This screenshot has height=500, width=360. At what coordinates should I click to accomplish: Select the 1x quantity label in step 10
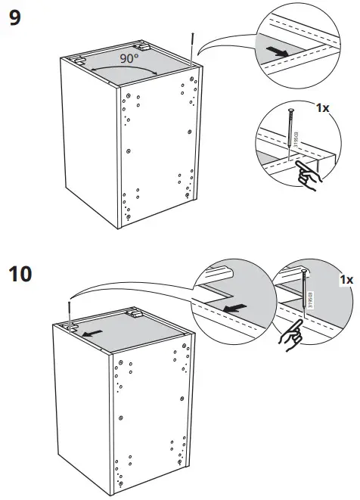pos(346,279)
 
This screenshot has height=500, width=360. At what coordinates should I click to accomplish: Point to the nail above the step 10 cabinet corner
pos(70,310)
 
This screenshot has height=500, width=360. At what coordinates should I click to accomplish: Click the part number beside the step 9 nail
pos(296,141)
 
